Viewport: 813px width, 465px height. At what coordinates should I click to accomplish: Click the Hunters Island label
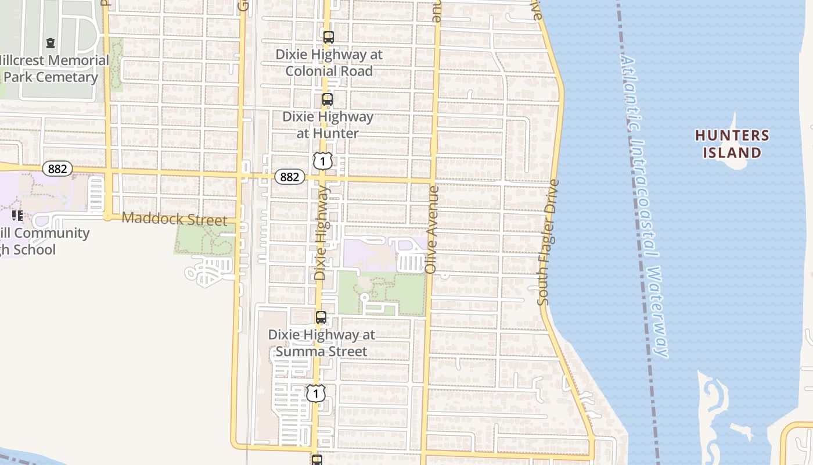732,144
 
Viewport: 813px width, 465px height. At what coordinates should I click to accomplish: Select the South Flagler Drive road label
548,242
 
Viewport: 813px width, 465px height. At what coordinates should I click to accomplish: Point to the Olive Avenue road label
431,230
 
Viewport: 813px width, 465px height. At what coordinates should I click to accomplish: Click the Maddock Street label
174,219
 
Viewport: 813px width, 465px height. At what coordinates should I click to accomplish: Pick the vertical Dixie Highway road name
322,233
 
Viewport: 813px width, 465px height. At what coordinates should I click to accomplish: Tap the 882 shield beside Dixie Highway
289,177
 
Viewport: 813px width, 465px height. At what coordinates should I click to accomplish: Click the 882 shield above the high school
57,169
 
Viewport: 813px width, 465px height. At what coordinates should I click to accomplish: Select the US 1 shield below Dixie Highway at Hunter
322,161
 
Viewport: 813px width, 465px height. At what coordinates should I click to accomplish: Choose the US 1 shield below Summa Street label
315,394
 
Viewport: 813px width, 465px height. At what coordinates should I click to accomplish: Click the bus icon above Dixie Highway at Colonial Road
329,37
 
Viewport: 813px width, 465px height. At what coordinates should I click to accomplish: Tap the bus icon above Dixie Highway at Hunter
328,99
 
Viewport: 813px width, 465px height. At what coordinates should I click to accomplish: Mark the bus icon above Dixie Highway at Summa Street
321,317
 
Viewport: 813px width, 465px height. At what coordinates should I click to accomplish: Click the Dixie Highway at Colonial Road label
329,63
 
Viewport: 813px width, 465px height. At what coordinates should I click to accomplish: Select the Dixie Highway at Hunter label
328,124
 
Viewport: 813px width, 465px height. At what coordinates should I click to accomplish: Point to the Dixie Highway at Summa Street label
321,343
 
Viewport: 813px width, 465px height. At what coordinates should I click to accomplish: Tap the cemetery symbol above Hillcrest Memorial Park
51,43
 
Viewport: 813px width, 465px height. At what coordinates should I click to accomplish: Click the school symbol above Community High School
17,216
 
